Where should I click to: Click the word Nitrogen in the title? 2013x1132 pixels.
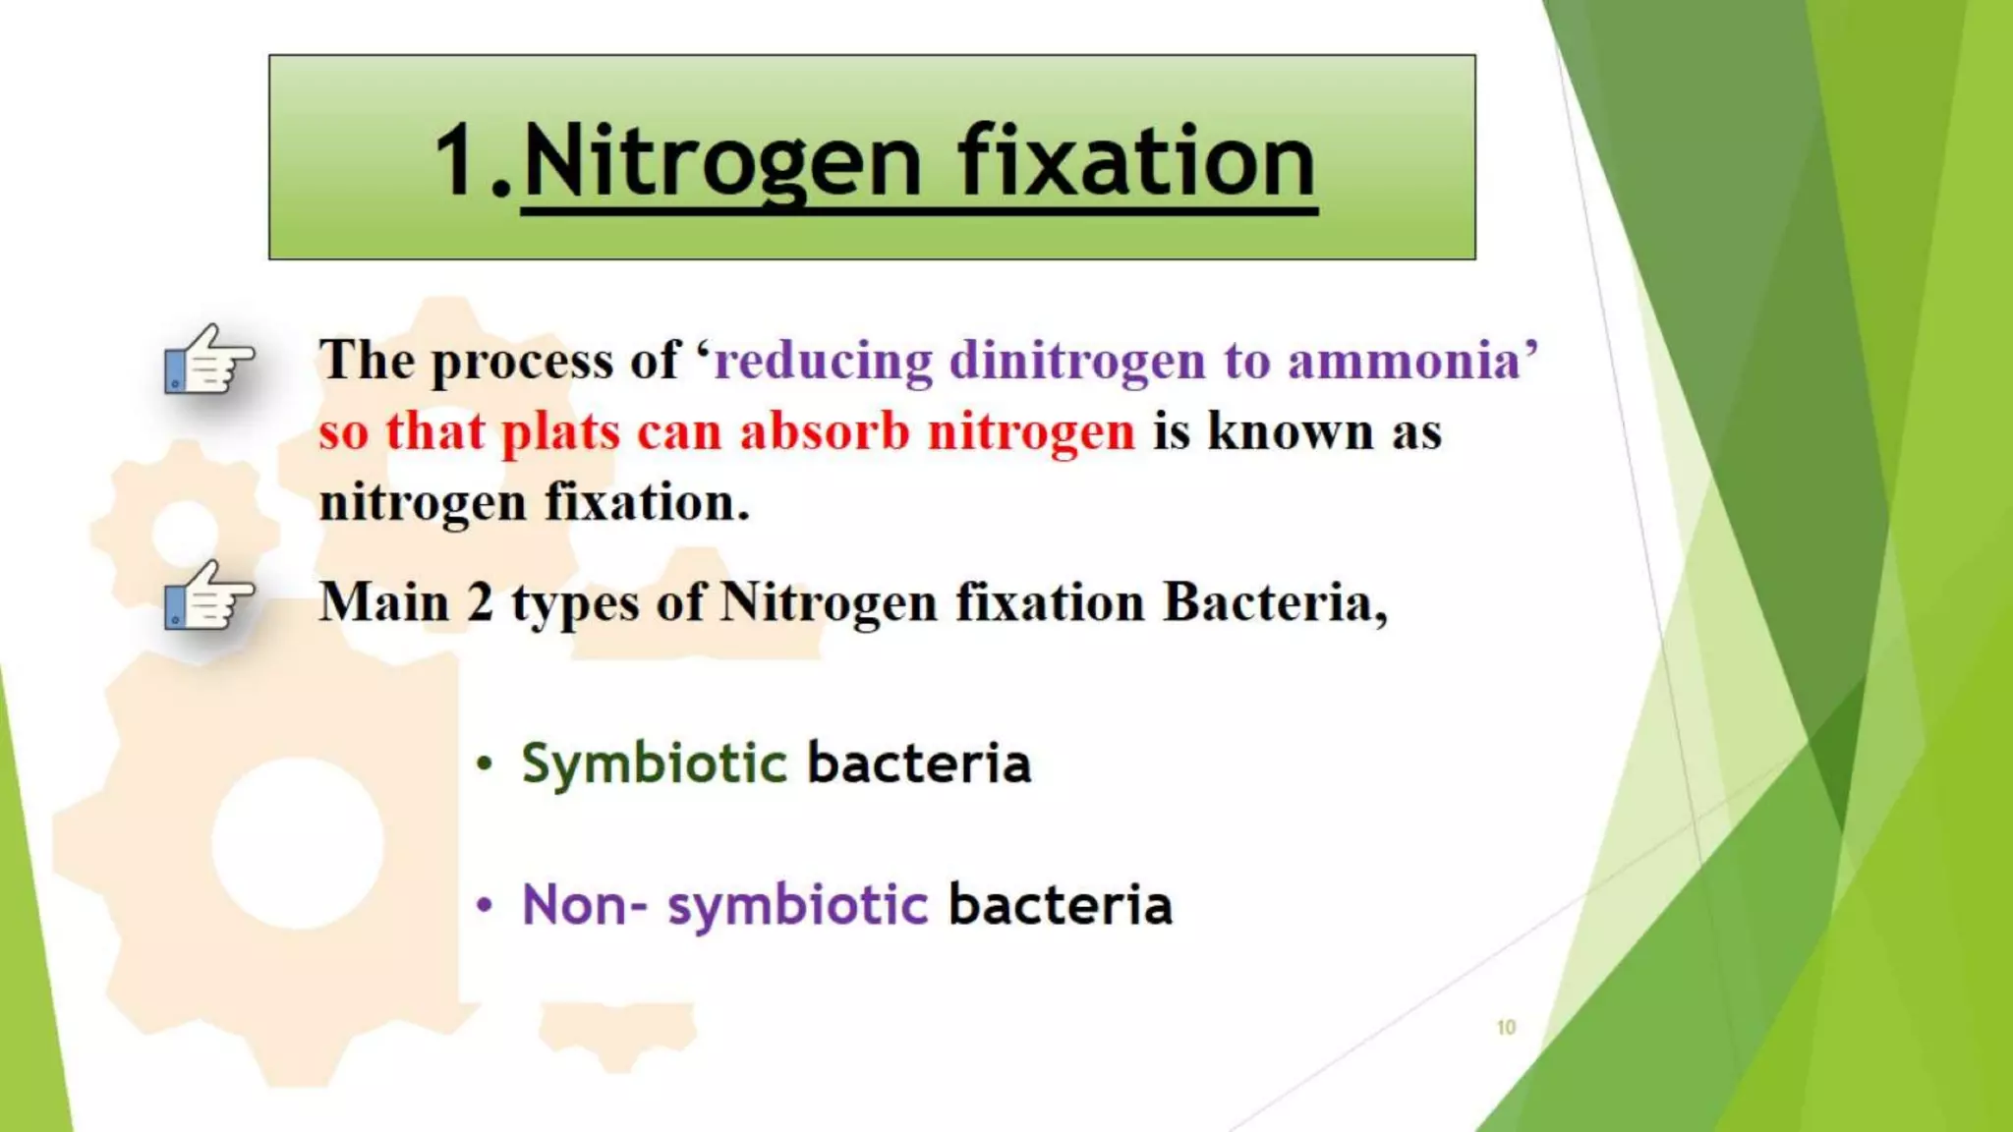point(722,162)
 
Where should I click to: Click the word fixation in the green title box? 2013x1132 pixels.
point(1137,162)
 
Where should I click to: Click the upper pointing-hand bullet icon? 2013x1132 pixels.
point(208,360)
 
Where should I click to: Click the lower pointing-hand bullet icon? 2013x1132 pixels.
point(208,596)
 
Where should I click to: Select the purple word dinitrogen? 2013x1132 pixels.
point(1077,361)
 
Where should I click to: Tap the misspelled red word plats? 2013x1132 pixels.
point(561,432)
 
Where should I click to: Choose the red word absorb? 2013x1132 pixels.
point(825,431)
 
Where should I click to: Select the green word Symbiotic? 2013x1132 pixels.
point(654,764)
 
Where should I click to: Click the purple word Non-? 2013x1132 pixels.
point(584,905)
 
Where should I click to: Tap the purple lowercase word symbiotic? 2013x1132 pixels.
point(797,906)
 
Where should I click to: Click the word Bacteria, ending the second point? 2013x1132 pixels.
point(1274,602)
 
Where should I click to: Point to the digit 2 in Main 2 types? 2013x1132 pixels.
point(481,602)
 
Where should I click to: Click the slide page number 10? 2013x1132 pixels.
point(1506,1028)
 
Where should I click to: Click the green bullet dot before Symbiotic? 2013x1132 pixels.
point(484,764)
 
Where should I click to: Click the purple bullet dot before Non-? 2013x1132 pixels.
point(484,905)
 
